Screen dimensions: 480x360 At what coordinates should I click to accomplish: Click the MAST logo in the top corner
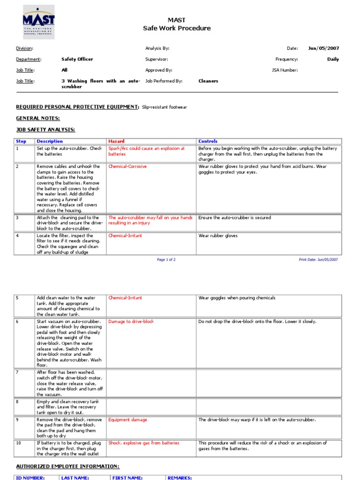pyautogui.click(x=38, y=22)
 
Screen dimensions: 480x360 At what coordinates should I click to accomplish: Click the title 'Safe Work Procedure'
pyautogui.click(x=177, y=28)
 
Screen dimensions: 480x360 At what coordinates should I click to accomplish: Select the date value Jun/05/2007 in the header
pyautogui.click(x=323, y=48)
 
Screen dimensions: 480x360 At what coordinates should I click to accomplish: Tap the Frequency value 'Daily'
pyautogui.click(x=333, y=60)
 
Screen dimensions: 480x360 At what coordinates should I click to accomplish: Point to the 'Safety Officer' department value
pyautogui.click(x=77, y=60)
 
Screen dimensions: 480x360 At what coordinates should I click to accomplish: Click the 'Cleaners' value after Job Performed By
pyautogui.click(x=208, y=81)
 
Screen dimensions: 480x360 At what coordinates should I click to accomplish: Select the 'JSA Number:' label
pyautogui.click(x=285, y=70)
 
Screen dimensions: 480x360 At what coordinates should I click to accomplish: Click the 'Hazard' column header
pyautogui.click(x=116, y=141)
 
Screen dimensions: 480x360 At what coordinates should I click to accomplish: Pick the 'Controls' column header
pyautogui.click(x=208, y=141)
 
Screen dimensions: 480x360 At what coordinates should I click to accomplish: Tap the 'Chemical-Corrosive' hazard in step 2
pyautogui.click(x=127, y=166)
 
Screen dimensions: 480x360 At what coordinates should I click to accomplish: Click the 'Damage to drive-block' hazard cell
pyautogui.click(x=131, y=322)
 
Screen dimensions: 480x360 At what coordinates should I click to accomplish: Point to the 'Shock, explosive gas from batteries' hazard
pyautogui.click(x=143, y=443)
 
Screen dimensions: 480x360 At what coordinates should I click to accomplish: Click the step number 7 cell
pyautogui.click(x=17, y=372)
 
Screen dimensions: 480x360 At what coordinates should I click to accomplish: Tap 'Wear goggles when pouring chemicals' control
pyautogui.click(x=237, y=298)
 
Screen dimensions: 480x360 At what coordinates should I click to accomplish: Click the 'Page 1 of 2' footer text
pyautogui.click(x=166, y=259)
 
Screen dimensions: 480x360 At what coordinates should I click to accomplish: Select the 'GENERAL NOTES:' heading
pyautogui.click(x=38, y=119)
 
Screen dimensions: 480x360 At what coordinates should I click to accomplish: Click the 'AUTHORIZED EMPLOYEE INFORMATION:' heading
pyautogui.click(x=67, y=466)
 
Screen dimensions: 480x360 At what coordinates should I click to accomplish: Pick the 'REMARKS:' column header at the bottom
pyautogui.click(x=180, y=478)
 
